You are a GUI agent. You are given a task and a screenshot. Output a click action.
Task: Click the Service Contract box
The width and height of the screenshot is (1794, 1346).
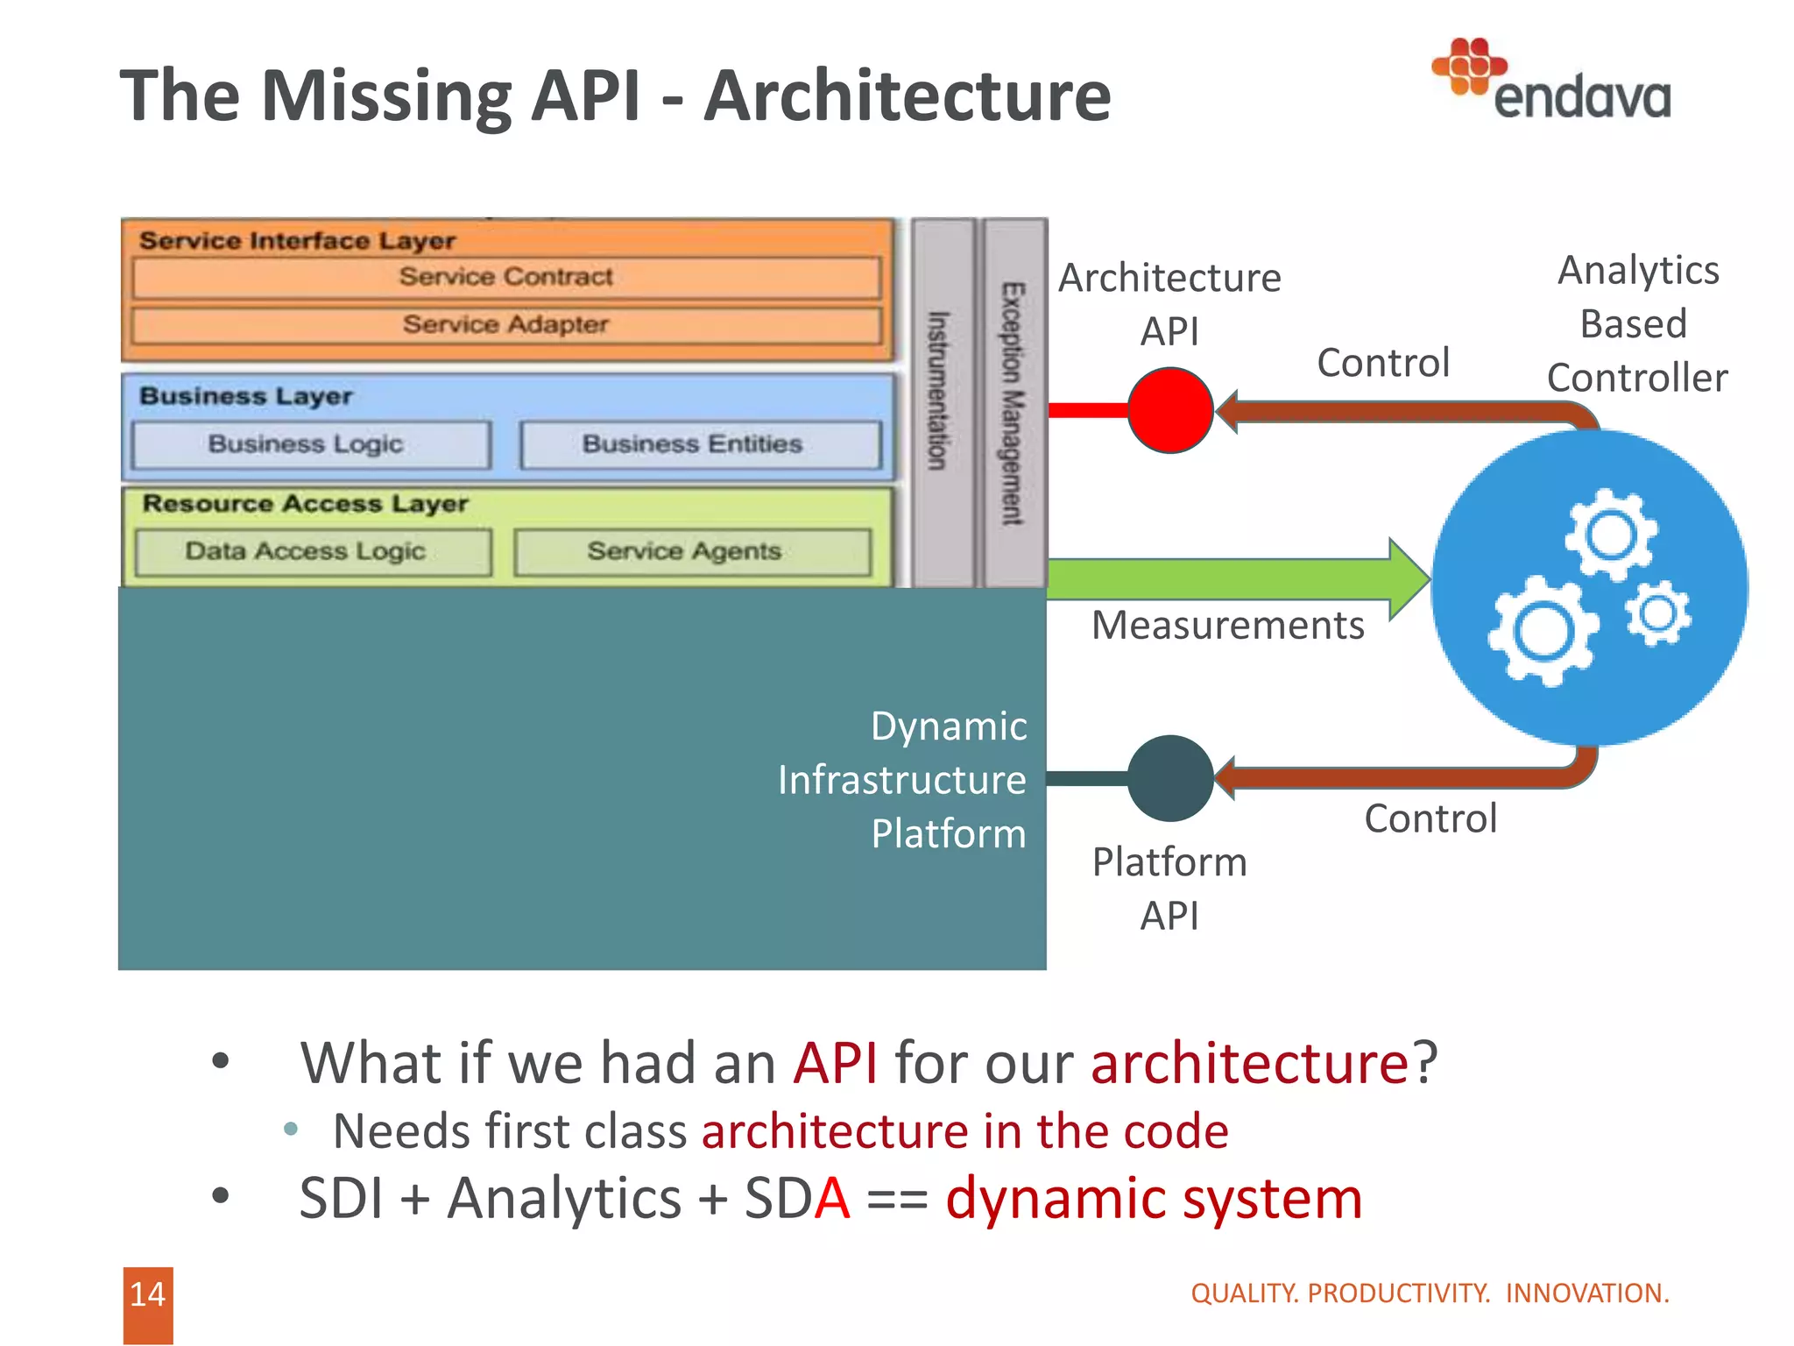pyautogui.click(x=506, y=277)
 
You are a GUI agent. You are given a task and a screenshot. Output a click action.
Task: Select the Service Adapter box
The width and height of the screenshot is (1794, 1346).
pyautogui.click(x=506, y=325)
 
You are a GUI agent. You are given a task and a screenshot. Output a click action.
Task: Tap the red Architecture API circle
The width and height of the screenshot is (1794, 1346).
pyautogui.click(x=1169, y=410)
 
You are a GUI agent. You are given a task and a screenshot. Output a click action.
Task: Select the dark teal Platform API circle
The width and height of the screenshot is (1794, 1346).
pyautogui.click(x=1169, y=778)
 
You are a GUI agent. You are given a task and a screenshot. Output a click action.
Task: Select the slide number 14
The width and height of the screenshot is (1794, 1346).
pyautogui.click(x=147, y=1294)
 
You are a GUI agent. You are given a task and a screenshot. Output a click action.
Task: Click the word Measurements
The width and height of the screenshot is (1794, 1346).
pyautogui.click(x=1227, y=626)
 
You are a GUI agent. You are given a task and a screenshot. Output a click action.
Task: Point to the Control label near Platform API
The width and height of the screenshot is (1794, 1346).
pyautogui.click(x=1430, y=818)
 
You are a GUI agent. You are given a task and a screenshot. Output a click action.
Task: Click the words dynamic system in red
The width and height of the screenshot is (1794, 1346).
pyautogui.click(x=1153, y=1199)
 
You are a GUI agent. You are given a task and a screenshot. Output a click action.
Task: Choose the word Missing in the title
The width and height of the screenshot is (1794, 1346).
pyautogui.click(x=386, y=96)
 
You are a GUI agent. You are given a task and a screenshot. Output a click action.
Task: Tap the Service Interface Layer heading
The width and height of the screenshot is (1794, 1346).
pyautogui.click(x=297, y=240)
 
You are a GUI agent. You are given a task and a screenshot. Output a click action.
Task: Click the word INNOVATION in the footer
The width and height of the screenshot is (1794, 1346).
pyautogui.click(x=1586, y=1293)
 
